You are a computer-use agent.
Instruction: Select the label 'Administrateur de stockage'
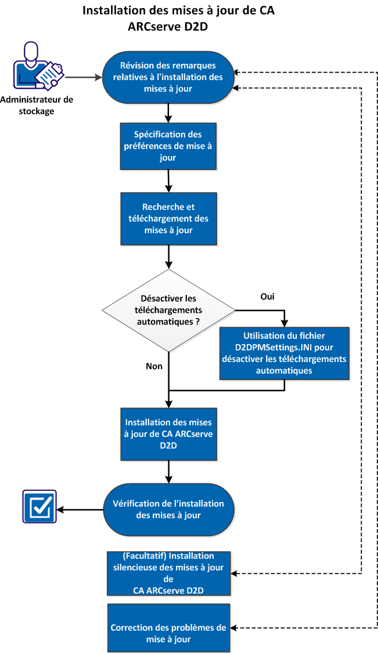pyautogui.click(x=37, y=105)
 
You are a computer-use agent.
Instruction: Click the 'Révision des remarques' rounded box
pyautogui.click(x=168, y=77)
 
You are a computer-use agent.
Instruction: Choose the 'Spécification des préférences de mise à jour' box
pyautogui.click(x=168, y=146)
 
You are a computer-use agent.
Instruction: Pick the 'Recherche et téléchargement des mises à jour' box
pyautogui.click(x=168, y=218)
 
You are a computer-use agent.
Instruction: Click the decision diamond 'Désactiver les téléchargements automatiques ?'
pyautogui.click(x=168, y=310)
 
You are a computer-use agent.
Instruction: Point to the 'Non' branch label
pyautogui.click(x=154, y=366)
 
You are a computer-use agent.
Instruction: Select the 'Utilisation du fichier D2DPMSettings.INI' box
pyautogui.click(x=284, y=353)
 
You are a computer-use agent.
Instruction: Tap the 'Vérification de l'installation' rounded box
pyautogui.click(x=168, y=509)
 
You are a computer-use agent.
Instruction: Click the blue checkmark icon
pyautogui.click(x=39, y=507)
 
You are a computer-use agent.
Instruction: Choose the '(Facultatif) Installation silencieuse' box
pyautogui.click(x=168, y=573)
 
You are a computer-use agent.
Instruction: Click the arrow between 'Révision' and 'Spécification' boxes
pyautogui.click(x=168, y=113)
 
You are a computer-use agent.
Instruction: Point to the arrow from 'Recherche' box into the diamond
pyautogui.click(x=168, y=256)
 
